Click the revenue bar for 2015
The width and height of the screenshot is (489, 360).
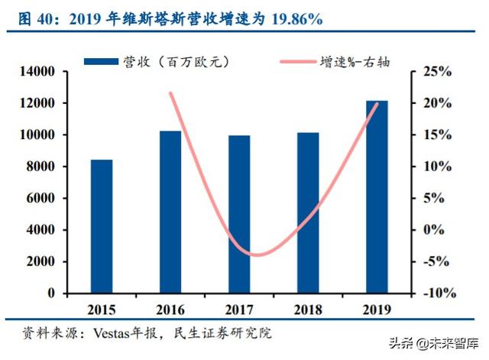pyautogui.click(x=102, y=226)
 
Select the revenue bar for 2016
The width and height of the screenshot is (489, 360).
pyautogui.click(x=170, y=212)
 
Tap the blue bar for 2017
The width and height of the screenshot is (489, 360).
pyautogui.click(x=239, y=214)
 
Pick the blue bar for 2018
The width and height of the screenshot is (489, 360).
pyautogui.click(x=308, y=212)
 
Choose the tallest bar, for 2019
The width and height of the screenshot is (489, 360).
pyautogui.click(x=377, y=196)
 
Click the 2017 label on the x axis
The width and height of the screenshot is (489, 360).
pyautogui.click(x=239, y=310)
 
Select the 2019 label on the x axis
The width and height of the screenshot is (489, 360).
pyautogui.click(x=377, y=310)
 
